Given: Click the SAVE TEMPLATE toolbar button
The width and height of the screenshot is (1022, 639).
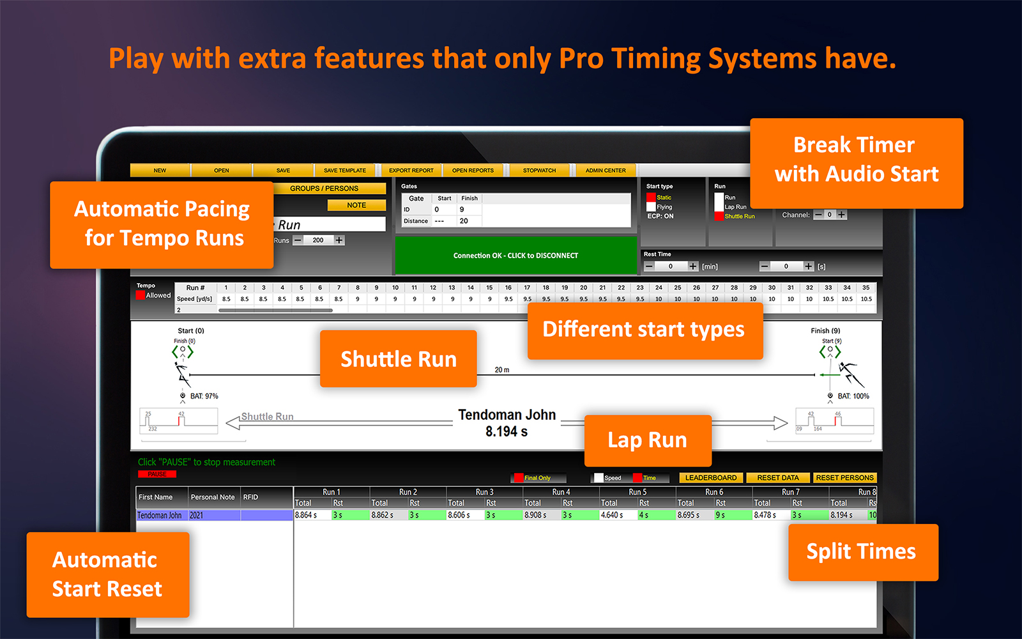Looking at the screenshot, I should point(344,171).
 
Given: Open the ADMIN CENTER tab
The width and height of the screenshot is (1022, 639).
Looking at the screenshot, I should point(606,171).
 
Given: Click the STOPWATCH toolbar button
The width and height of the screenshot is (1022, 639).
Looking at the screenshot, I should point(539,171).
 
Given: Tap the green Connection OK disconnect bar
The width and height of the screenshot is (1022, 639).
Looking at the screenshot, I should point(516,256).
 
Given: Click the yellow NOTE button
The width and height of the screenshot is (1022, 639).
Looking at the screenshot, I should point(356,205).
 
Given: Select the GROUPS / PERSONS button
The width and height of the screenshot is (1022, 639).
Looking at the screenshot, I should point(329,189).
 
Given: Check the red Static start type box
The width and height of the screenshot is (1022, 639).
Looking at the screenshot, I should point(651,197).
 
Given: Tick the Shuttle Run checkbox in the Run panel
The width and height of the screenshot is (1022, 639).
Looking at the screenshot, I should point(719,216).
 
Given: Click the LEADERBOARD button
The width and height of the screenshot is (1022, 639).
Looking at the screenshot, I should point(710,478).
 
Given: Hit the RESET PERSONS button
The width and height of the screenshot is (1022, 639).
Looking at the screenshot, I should point(844,478).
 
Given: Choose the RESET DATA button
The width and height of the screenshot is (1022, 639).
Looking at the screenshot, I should point(777,478).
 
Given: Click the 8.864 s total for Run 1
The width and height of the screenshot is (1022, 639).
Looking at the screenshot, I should point(307,515).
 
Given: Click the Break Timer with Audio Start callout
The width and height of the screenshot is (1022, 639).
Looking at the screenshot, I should point(856,160).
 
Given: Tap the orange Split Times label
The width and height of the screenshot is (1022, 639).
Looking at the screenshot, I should point(862,551).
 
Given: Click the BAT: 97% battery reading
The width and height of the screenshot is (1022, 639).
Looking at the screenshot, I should point(204,396).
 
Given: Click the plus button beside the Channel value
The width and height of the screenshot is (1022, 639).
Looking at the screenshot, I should point(842,215).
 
